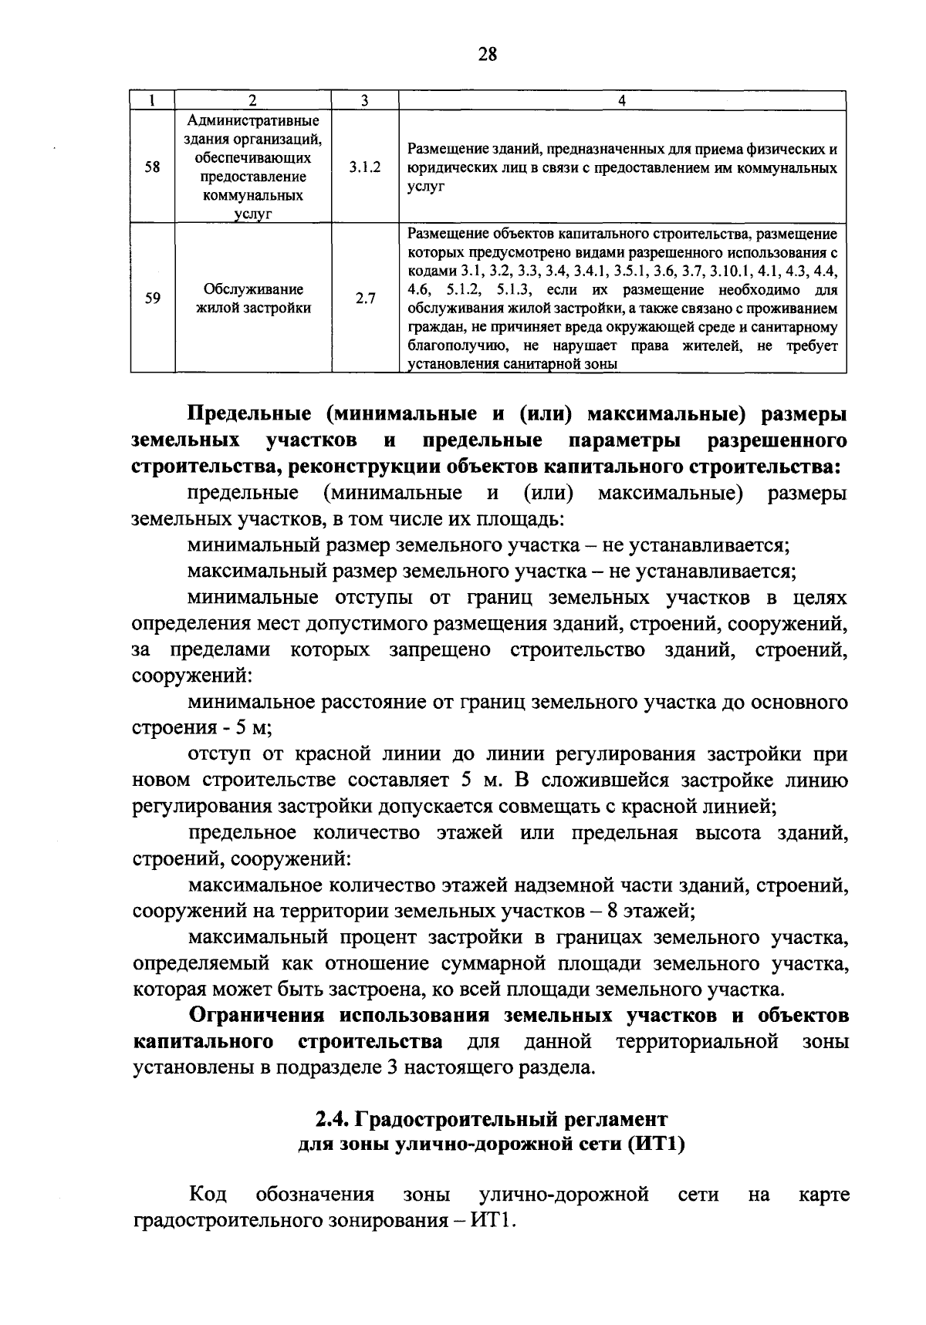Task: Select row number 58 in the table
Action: point(153,167)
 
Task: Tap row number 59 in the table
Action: point(153,298)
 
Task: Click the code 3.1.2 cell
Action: point(364,167)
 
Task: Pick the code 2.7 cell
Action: point(365,298)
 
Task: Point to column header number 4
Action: point(622,100)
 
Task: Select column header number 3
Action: point(365,100)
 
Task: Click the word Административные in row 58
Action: point(253,121)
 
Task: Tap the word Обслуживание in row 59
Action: point(253,289)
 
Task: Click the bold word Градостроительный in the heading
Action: point(446,1118)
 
